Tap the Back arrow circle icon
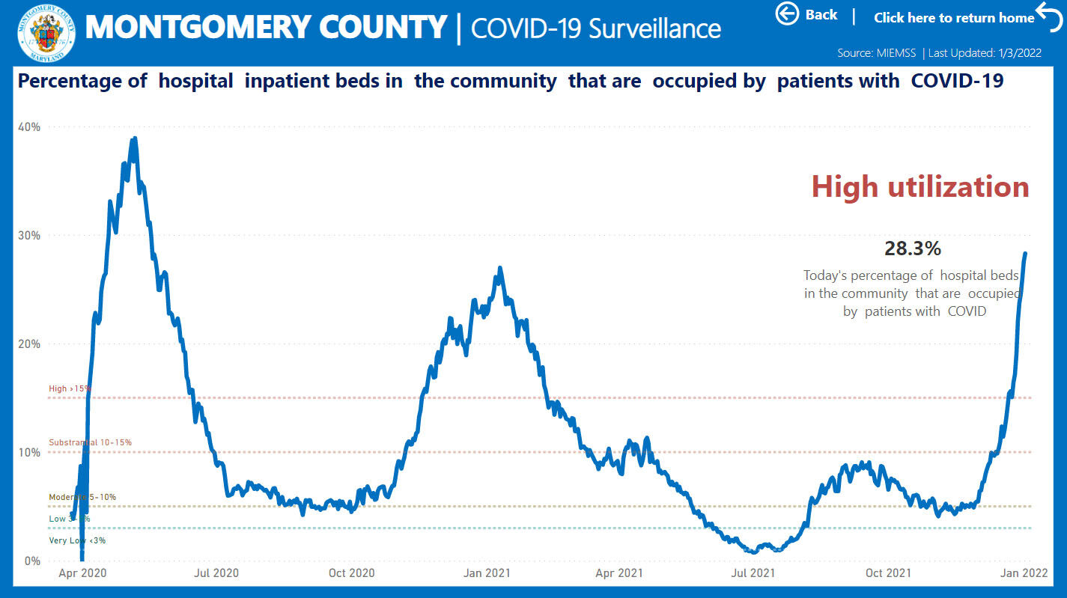(x=787, y=13)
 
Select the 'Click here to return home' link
(x=954, y=17)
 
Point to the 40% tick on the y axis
(x=28, y=126)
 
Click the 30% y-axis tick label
(x=28, y=235)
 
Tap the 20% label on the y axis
(x=28, y=344)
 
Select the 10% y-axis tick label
(x=28, y=452)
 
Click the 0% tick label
(x=31, y=561)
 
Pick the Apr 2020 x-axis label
(x=82, y=573)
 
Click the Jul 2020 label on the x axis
(x=216, y=573)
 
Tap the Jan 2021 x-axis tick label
(x=487, y=573)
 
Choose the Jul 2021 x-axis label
(x=753, y=573)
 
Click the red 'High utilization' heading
(x=920, y=186)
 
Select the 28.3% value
(x=912, y=248)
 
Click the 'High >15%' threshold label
(x=70, y=388)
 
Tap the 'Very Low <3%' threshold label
(x=77, y=540)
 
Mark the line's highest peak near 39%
(x=134, y=138)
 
